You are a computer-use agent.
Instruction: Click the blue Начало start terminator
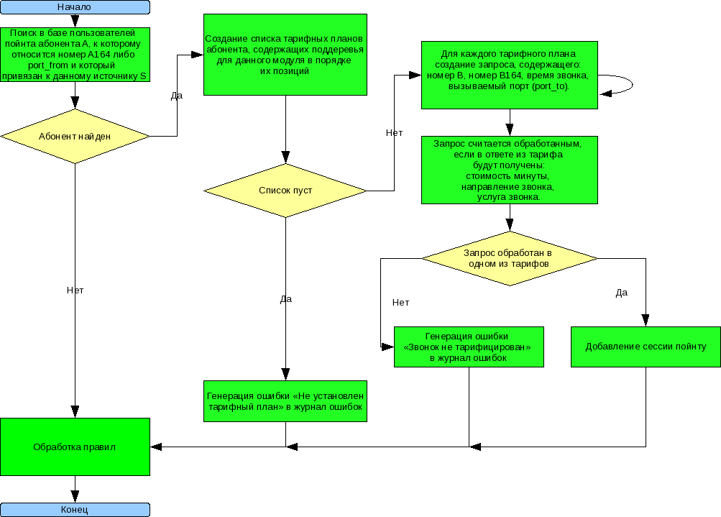coord(75,7)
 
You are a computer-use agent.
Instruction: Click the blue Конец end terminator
coord(75,510)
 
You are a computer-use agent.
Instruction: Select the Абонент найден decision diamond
coord(75,136)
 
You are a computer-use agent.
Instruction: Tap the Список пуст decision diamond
coord(285,191)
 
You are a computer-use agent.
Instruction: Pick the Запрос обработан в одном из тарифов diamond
coord(510,258)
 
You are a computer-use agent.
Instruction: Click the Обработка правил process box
coord(75,447)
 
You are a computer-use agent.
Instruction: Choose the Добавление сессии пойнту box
coord(646,347)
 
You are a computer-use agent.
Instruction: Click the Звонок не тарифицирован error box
coord(469,347)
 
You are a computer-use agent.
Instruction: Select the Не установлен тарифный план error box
coord(285,401)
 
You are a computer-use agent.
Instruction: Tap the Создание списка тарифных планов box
coord(285,55)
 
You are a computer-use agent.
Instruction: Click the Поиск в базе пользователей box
coord(75,55)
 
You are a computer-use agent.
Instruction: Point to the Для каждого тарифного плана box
coord(510,75)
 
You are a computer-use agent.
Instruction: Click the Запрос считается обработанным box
coord(510,170)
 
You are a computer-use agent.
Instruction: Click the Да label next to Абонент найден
coord(176,95)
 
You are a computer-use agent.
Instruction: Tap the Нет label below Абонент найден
coord(75,290)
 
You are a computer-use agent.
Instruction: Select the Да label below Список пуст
coord(285,298)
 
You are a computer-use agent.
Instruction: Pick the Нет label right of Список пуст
coord(394,132)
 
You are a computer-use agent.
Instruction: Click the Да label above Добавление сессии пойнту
coord(622,292)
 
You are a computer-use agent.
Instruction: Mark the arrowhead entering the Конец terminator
coord(75,497)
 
